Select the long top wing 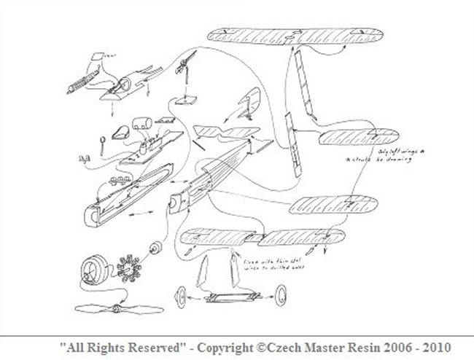click(297, 34)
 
